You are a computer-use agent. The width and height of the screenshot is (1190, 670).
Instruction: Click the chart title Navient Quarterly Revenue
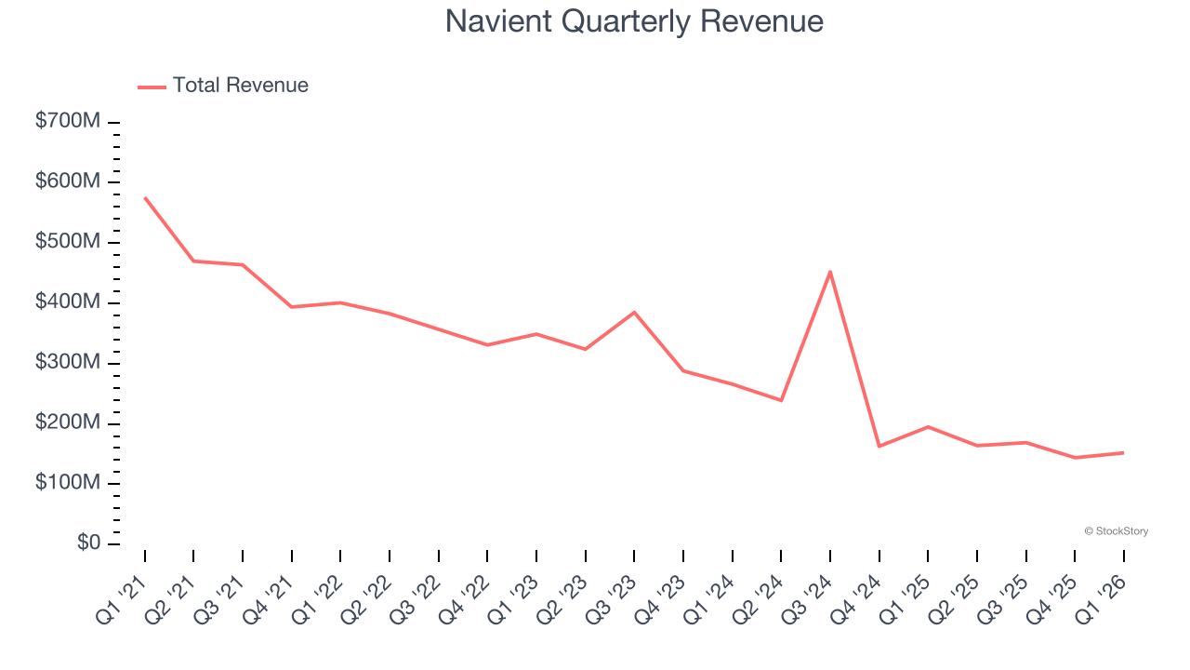point(634,21)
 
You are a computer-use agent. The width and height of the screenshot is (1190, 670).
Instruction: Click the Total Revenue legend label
point(240,86)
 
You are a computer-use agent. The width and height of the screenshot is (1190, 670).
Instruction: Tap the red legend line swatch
point(152,87)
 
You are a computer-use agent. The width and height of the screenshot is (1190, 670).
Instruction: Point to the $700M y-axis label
point(67,122)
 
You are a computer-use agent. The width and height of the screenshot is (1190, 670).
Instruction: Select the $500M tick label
point(67,242)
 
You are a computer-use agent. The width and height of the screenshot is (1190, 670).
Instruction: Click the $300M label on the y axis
point(67,363)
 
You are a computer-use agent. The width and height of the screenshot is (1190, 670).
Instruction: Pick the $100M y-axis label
point(67,483)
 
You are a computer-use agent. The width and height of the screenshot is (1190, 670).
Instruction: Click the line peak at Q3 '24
point(829,272)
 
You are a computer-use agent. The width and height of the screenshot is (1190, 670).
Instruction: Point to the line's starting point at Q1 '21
point(145,197)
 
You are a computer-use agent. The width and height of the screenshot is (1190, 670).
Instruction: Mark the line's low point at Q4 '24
point(879,447)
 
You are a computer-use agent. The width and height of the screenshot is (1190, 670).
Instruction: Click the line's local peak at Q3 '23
point(634,312)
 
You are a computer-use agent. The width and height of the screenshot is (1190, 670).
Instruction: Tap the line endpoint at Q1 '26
point(1123,452)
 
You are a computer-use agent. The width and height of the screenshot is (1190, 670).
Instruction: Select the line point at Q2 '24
point(781,400)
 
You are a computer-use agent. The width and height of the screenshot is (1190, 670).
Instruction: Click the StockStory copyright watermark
point(1116,531)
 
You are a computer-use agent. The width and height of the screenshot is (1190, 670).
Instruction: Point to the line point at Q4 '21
point(292,307)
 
